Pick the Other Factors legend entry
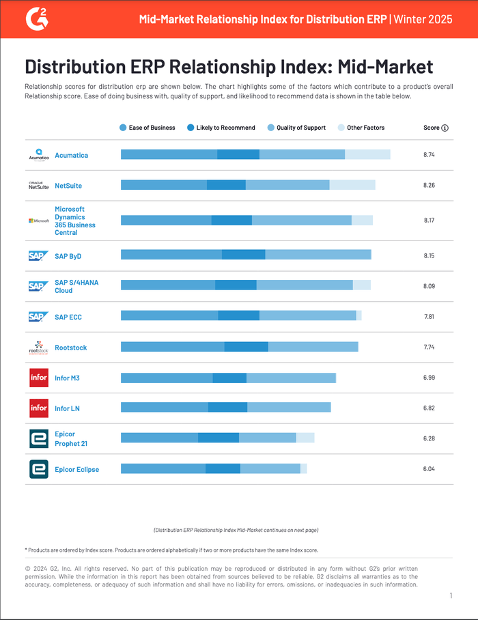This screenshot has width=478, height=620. pos(361,128)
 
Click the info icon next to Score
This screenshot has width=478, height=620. pos(445,128)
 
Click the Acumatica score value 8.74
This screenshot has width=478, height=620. pos(429,155)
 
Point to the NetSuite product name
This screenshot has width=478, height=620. pos(68,186)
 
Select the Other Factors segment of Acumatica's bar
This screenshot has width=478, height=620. pos(367,154)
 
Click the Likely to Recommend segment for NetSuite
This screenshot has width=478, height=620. pos(226,185)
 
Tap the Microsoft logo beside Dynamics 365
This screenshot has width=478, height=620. pos(38,221)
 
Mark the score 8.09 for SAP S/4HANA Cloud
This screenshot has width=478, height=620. pos(429,286)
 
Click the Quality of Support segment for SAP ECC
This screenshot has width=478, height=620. pos(307,315)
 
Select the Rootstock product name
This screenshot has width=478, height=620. pos(70,348)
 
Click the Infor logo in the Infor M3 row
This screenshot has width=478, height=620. pos(39,378)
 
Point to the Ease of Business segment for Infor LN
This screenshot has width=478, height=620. pos(164,408)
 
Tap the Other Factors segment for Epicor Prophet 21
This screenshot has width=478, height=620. pos(305,438)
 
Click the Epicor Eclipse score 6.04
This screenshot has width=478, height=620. pos(429,469)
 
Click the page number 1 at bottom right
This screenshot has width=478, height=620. pos(451,596)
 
